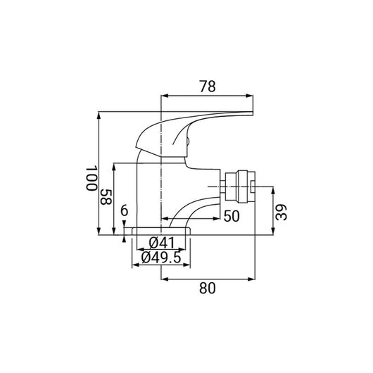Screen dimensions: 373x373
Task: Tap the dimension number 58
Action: pyautogui.click(x=106, y=197)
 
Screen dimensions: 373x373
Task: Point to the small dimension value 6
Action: pyautogui.click(x=125, y=212)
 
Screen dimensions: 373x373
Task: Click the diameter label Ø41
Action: pyautogui.click(x=162, y=244)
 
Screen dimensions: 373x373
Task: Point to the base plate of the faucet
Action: pyautogui.click(x=161, y=232)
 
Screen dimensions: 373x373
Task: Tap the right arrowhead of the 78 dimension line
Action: pyautogui.click(x=250, y=95)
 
